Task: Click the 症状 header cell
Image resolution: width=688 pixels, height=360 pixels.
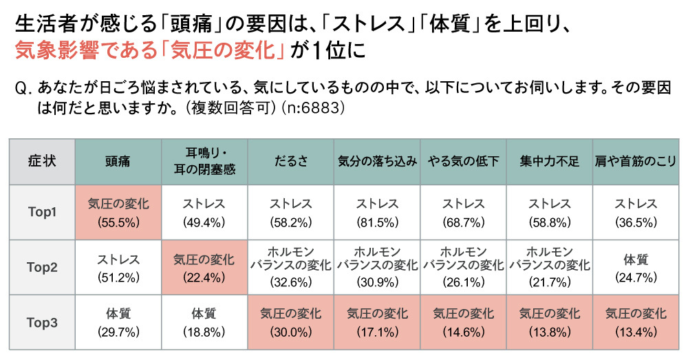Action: pyautogui.click(x=41, y=162)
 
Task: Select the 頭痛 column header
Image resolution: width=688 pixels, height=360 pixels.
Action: pyautogui.click(x=118, y=162)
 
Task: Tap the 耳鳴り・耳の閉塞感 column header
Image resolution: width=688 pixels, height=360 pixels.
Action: pyautogui.click(x=205, y=162)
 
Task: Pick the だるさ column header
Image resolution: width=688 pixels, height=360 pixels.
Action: pyautogui.click(x=291, y=162)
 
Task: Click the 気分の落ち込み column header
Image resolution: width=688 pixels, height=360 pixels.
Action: pyautogui.click(x=377, y=162)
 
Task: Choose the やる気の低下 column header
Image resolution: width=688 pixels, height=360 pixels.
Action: pyautogui.click(x=463, y=162)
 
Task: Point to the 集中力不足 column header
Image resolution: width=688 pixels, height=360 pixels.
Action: pyautogui.click(x=549, y=162)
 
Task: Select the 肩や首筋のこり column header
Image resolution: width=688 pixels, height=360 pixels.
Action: pyautogui.click(x=636, y=162)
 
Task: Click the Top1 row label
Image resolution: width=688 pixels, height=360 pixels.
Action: pyautogui.click(x=41, y=212)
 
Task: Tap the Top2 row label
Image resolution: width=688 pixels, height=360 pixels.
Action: pyautogui.click(x=41, y=268)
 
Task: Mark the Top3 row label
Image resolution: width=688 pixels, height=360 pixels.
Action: pyautogui.click(x=41, y=322)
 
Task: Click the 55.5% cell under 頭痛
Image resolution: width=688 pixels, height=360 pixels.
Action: pyautogui.click(x=118, y=213)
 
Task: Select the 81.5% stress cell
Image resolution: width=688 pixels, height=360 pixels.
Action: pyautogui.click(x=377, y=213)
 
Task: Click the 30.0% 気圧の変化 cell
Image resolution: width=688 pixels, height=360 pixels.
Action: pyautogui.click(x=291, y=322)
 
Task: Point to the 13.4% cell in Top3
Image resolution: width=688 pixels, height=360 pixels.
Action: pyautogui.click(x=636, y=322)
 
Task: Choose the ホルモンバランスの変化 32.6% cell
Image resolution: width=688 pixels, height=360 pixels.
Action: pyautogui.click(x=291, y=267)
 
